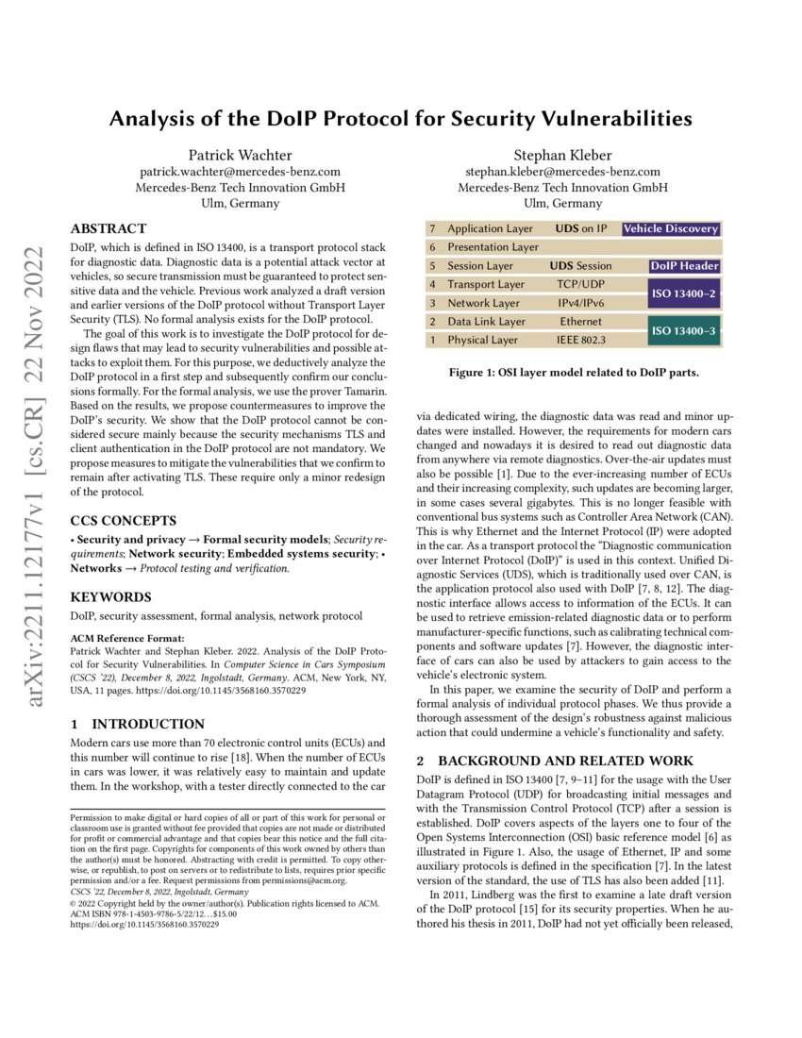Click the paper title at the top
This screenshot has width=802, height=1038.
(x=401, y=119)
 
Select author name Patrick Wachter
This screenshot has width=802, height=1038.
(x=240, y=156)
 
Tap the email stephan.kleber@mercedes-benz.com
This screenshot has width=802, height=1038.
(x=562, y=172)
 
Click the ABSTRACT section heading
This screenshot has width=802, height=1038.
(x=109, y=228)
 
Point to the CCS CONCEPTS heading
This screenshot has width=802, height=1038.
(x=124, y=520)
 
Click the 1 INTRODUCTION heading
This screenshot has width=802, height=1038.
(x=138, y=725)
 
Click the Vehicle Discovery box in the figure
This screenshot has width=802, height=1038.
(x=671, y=228)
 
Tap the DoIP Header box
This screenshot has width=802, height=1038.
(x=684, y=266)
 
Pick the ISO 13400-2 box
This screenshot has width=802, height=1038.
(x=684, y=294)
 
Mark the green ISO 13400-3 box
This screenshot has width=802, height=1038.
(x=684, y=331)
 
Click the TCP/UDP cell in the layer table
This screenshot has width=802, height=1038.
(x=580, y=284)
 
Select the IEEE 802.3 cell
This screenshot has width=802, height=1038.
(x=580, y=340)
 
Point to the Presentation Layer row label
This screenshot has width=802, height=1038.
(x=493, y=247)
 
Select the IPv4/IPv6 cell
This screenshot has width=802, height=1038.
(x=580, y=303)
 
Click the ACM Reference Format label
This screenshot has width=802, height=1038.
(x=125, y=638)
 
